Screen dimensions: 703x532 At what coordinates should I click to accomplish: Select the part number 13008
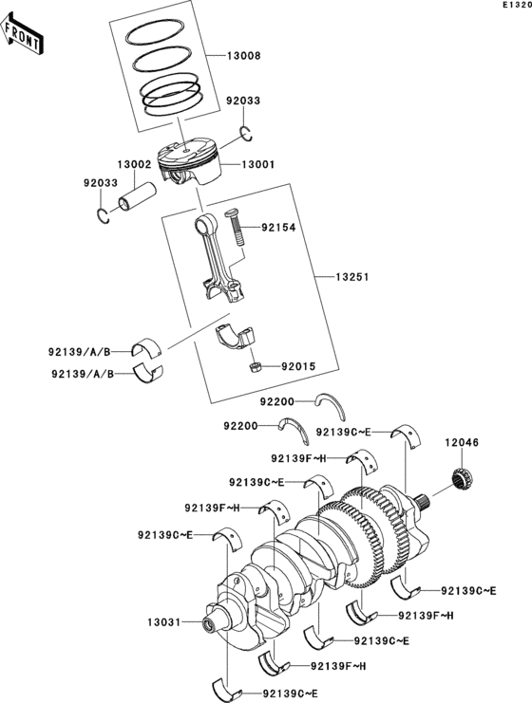click(x=243, y=56)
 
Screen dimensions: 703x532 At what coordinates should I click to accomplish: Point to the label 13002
click(x=134, y=164)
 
